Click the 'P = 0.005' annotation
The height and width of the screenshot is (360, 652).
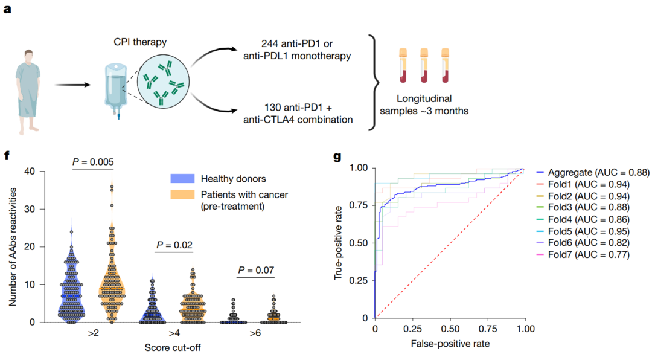click(x=93, y=162)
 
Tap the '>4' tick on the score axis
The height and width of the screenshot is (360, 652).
click(x=173, y=334)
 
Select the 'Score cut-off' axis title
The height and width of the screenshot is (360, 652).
click(x=173, y=348)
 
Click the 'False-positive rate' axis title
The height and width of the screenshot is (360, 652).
click(x=450, y=343)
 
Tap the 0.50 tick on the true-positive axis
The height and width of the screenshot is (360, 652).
click(x=360, y=243)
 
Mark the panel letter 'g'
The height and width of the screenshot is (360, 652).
click(x=337, y=157)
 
